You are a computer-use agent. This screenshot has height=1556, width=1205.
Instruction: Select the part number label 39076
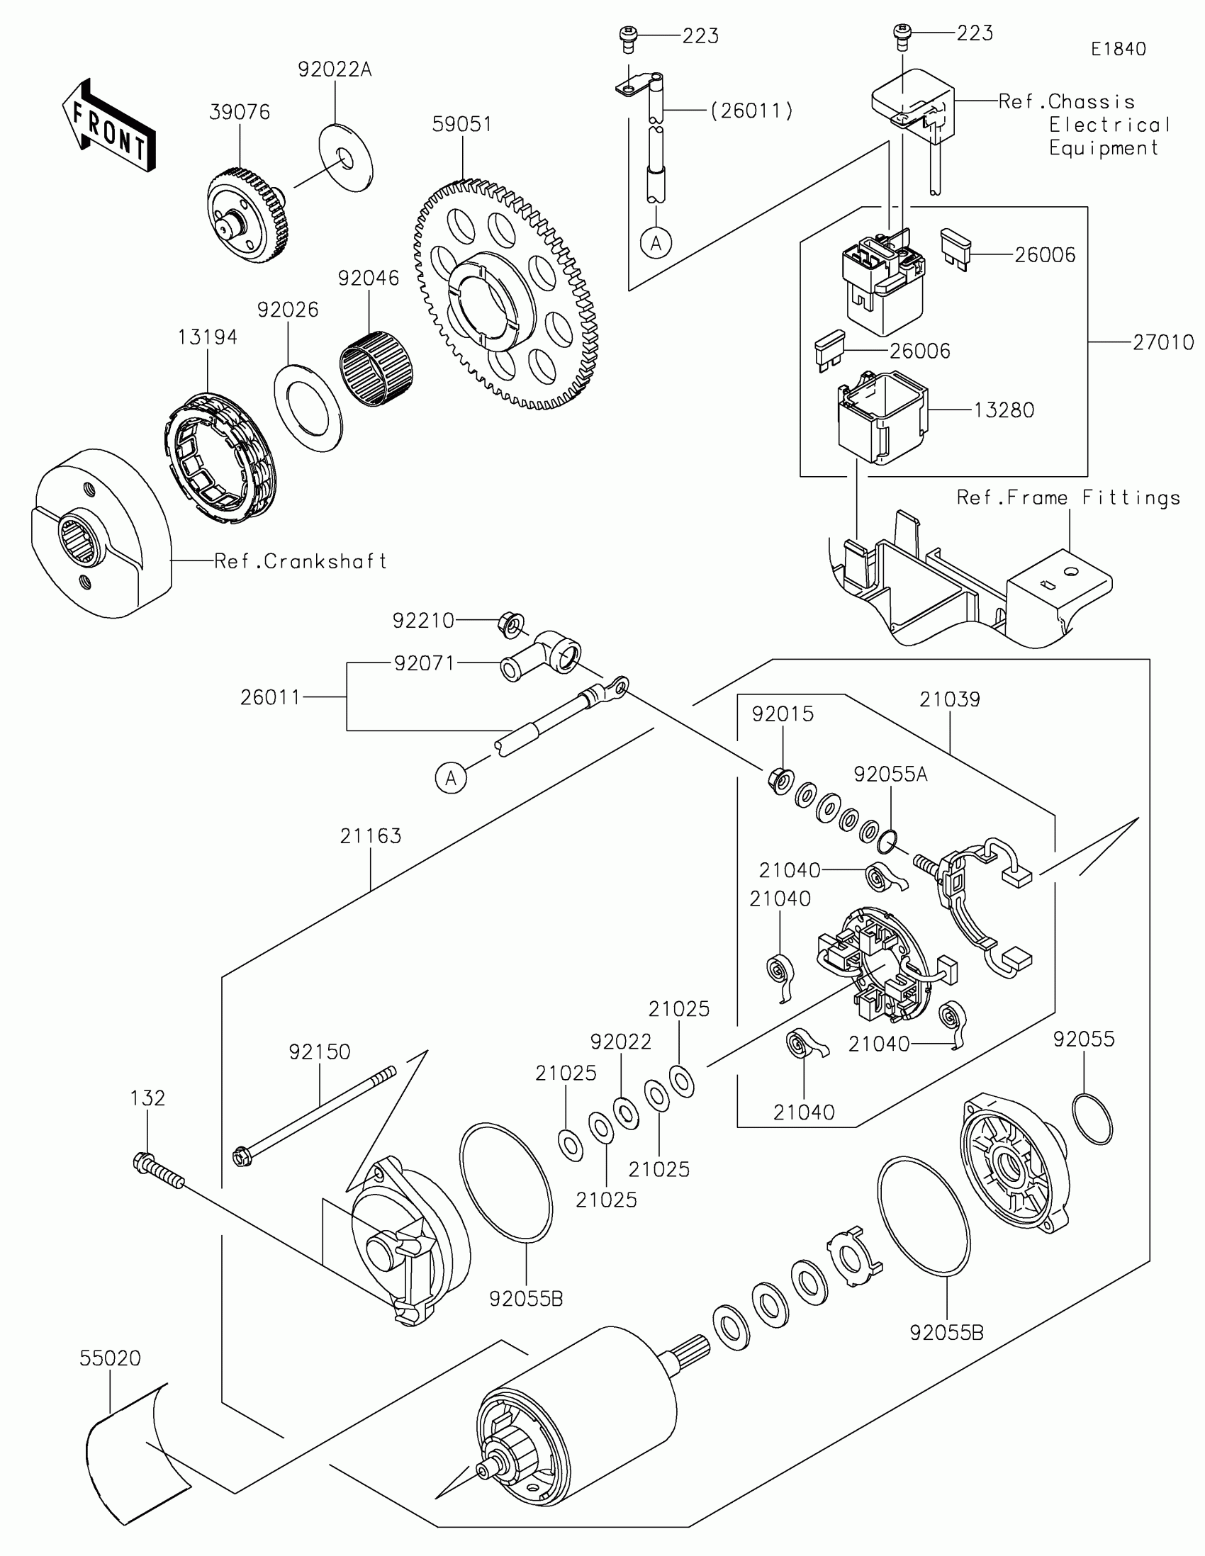[240, 113]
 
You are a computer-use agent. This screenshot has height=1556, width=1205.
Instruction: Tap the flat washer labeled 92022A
[345, 158]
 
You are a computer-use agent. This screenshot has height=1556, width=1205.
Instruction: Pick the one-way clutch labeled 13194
[218, 461]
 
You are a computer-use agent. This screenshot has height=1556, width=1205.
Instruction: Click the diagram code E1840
[1118, 49]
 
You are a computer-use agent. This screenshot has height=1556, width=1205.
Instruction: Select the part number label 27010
[1163, 343]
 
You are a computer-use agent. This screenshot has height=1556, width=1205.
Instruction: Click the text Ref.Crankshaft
[300, 561]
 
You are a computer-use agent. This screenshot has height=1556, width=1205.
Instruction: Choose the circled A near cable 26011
[450, 777]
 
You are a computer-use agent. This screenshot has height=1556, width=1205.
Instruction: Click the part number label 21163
[371, 835]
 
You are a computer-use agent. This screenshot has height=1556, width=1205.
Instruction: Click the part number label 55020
[110, 1358]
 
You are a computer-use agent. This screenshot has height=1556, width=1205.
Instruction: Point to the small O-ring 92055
[1092, 1119]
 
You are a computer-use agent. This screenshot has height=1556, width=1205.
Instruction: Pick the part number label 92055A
[891, 774]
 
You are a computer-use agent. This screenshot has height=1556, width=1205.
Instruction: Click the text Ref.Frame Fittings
[1067, 498]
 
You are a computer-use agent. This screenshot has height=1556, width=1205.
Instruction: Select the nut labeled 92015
[780, 780]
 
